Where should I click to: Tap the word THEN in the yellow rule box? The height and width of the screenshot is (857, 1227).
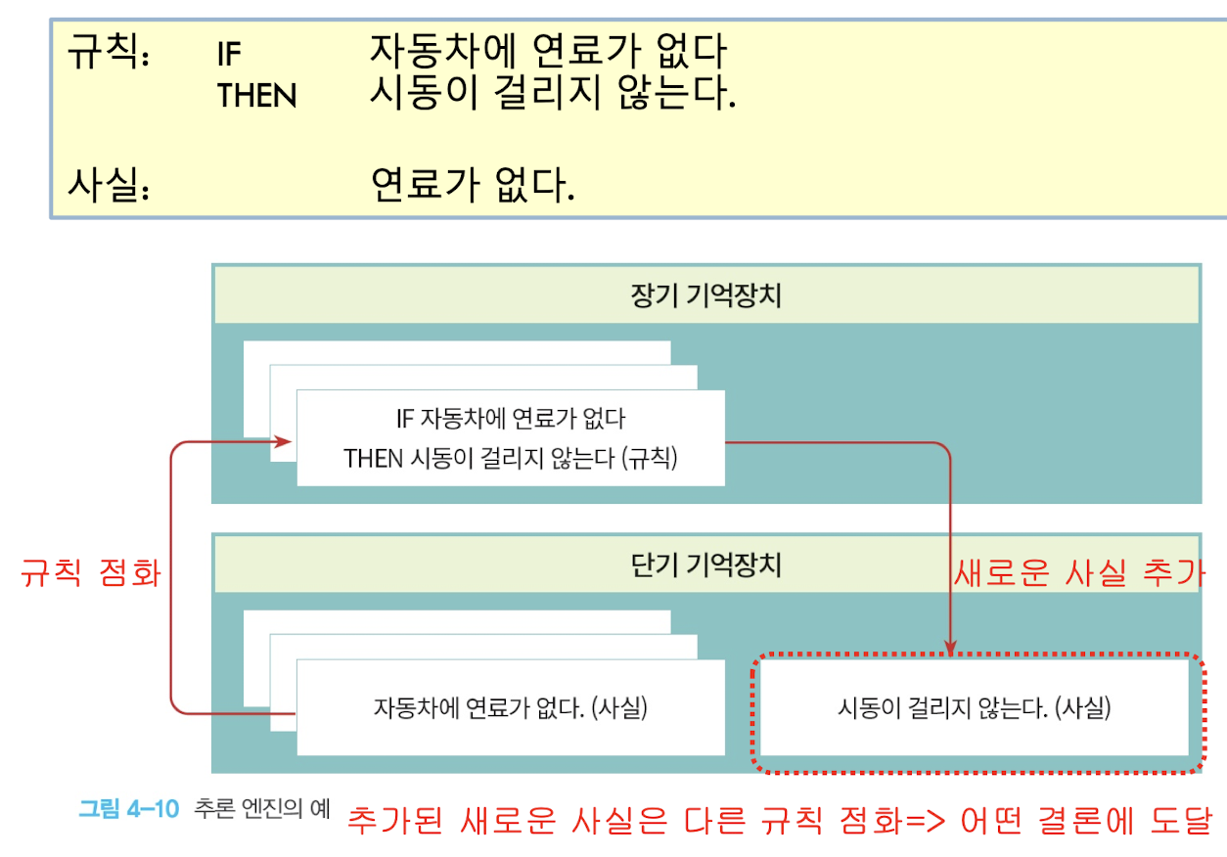(x=256, y=96)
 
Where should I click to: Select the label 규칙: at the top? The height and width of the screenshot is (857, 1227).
(x=108, y=52)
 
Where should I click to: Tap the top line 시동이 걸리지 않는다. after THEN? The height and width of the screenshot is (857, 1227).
(x=553, y=95)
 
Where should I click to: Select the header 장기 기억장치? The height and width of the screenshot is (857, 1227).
(x=706, y=295)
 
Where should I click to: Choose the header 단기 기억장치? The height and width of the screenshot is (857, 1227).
(x=706, y=565)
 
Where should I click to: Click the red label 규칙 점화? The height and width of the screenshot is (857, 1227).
(x=90, y=574)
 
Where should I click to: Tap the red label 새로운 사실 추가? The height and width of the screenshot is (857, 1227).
(x=1078, y=574)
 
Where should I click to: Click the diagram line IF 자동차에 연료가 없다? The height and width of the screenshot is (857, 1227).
(x=510, y=420)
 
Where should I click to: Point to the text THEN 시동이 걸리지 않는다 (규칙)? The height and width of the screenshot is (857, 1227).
(x=510, y=458)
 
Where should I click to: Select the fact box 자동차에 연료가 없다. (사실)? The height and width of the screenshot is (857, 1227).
(x=510, y=707)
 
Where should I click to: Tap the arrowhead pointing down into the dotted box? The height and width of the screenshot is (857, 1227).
(x=949, y=647)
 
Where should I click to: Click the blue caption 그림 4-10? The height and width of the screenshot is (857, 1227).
(x=128, y=809)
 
